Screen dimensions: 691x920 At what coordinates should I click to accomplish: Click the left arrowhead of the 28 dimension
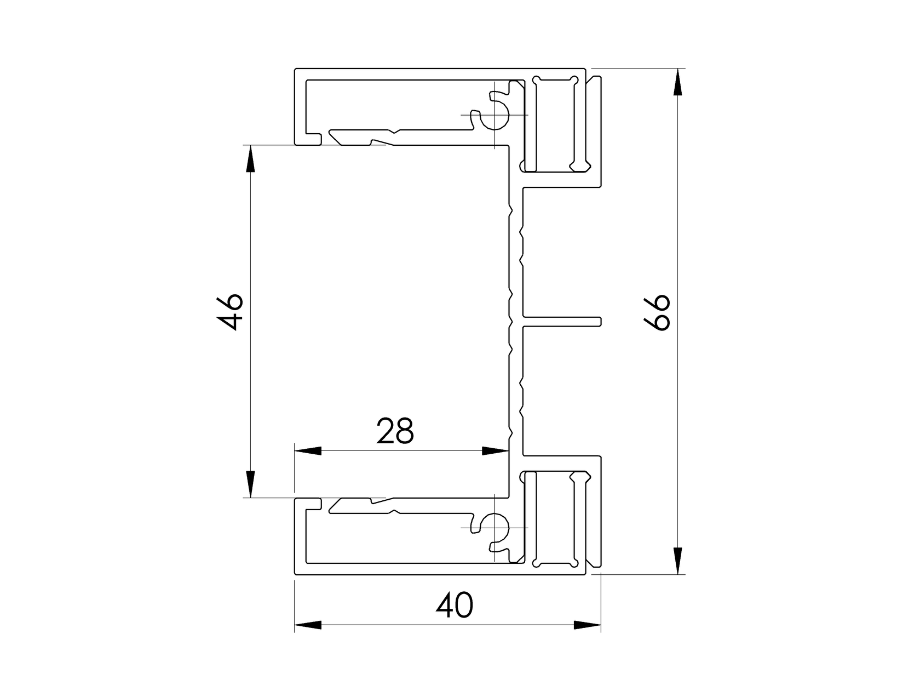point(308,451)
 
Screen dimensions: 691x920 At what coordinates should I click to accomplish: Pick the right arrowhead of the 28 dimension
point(495,451)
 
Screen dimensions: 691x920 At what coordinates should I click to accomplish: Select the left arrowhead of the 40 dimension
point(308,625)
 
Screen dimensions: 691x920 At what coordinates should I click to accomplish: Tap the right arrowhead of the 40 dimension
point(587,625)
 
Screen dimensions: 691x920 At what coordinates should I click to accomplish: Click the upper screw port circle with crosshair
point(496,115)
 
